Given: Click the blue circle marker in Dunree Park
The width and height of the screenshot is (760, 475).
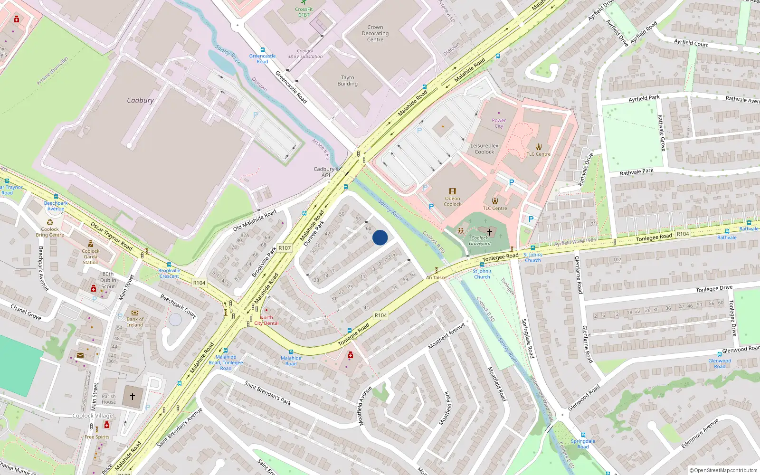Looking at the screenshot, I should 380,237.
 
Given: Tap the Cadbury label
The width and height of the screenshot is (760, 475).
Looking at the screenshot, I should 140,101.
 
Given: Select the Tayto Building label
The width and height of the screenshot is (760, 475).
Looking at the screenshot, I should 348,81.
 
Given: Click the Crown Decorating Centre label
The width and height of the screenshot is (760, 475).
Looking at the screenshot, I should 375,34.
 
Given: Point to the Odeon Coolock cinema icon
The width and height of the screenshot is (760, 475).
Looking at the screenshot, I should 452,191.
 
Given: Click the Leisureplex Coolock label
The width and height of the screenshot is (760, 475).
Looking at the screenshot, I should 484,149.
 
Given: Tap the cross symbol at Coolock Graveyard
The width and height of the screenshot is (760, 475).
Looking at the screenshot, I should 490,232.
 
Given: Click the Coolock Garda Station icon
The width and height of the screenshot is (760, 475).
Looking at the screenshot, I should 90,244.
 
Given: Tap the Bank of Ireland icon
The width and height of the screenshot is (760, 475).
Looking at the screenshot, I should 134,313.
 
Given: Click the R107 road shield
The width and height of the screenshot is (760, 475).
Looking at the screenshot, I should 285,248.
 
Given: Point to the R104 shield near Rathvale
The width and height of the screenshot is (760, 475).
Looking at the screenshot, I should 683,234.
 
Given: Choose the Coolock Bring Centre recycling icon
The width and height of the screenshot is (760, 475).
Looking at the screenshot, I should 50,222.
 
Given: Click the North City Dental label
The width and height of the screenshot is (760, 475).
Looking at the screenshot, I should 266,320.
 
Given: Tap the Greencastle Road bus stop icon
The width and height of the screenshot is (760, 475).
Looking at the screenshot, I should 262,50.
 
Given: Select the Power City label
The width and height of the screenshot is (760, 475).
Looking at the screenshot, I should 499,123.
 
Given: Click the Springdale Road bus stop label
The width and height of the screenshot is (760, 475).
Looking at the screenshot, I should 583,444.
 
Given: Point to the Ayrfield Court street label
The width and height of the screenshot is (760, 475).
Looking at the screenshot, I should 691,43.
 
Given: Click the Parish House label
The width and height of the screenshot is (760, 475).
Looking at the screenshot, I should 109,399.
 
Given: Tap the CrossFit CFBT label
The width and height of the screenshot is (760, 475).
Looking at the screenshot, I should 304,12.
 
